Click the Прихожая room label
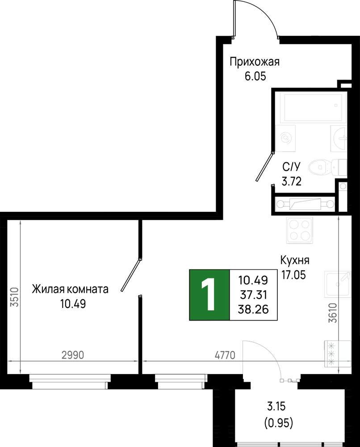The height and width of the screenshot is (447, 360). click(x=255, y=62)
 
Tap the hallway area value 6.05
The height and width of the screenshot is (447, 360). click(x=255, y=76)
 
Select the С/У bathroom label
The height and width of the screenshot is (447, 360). click(x=291, y=167)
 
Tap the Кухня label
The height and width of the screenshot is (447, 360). click(x=295, y=260)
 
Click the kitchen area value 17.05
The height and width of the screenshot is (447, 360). click(x=293, y=275)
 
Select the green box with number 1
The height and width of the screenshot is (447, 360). click(x=209, y=295)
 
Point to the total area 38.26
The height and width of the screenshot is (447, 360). click(x=253, y=309)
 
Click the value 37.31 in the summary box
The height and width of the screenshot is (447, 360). click(x=254, y=295)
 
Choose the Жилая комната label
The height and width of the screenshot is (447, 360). click(x=70, y=289)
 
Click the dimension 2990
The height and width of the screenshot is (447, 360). click(x=73, y=355)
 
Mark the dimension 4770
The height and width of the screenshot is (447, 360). click(x=225, y=355)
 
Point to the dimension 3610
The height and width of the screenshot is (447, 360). click(x=332, y=313)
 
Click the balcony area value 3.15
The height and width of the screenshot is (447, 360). click(x=276, y=406)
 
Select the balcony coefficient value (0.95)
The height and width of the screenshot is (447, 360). click(x=279, y=423)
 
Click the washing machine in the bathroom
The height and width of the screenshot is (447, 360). click(x=285, y=138)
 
